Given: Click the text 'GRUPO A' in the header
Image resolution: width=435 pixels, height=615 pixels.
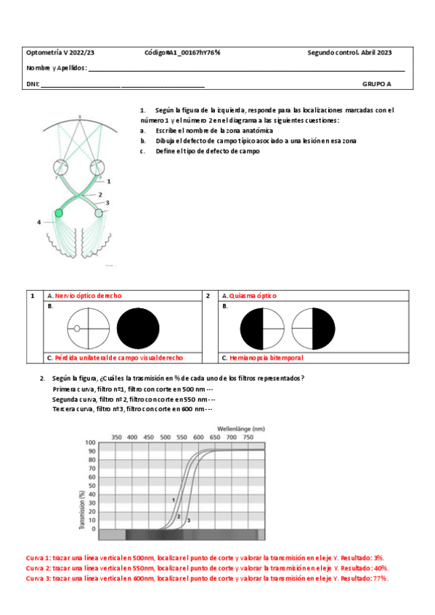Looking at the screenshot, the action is (x=376, y=84).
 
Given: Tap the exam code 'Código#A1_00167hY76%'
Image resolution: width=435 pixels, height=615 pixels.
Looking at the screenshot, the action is (x=182, y=52).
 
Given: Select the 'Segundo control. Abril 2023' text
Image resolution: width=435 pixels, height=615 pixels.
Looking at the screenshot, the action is (x=349, y=52).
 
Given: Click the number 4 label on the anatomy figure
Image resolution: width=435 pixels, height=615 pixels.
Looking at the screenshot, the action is (x=39, y=222).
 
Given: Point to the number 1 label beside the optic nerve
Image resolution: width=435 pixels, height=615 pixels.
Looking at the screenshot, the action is (x=109, y=181).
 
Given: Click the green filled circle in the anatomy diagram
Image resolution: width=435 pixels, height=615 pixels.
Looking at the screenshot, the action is (x=59, y=213).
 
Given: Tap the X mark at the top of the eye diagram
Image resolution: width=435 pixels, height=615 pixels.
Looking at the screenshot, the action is (x=80, y=117).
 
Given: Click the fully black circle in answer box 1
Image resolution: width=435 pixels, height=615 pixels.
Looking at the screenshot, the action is (x=138, y=329).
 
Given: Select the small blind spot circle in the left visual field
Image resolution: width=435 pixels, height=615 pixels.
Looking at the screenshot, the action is (x=77, y=329).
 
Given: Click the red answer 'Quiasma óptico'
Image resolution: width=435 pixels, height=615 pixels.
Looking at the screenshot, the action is (x=253, y=296).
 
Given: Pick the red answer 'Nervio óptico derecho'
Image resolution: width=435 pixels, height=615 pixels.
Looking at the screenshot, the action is (x=89, y=296).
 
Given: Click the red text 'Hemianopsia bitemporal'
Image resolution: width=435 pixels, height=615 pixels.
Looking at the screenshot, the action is (x=267, y=358).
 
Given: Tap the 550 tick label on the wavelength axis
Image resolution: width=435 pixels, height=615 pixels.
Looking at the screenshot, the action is (x=182, y=437).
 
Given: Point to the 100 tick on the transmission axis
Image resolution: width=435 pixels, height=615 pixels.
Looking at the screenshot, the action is (x=90, y=442).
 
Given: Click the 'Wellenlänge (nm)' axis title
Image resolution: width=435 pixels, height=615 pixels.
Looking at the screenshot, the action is (x=241, y=429).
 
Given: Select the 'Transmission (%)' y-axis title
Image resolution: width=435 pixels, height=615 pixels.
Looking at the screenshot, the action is (x=82, y=510).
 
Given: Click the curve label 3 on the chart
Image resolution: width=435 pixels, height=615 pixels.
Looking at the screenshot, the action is (x=189, y=521).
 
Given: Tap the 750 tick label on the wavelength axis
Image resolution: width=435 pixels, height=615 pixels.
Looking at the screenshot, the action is (x=248, y=437).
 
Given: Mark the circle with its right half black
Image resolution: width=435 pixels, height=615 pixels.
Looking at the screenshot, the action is (x=313, y=329).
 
